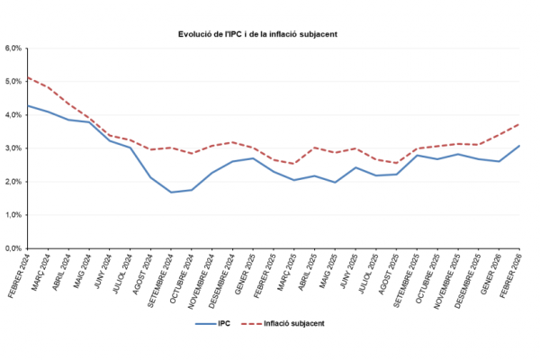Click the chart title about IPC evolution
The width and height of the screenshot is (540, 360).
[270, 34]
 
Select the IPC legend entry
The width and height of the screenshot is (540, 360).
[211, 322]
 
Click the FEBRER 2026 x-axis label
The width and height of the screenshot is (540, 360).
[509, 274]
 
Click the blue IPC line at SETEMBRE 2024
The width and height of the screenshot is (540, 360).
[171, 192]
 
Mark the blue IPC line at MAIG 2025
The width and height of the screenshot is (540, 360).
[335, 182]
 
